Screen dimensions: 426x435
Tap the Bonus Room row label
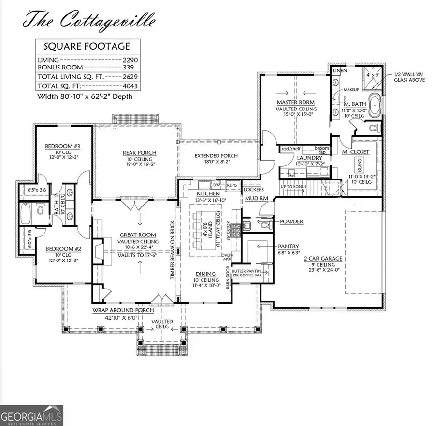tap(60, 68)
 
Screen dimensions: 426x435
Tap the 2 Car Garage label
tap(323, 259)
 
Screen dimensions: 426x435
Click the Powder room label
tap(291, 222)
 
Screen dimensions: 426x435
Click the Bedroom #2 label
tap(59, 250)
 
